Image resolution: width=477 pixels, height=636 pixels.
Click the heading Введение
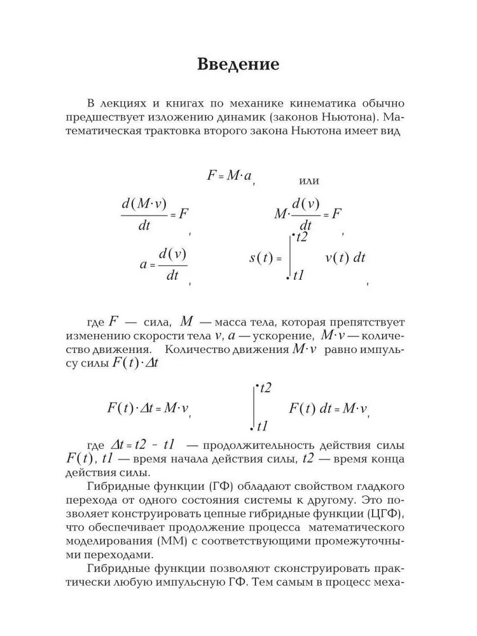[x=238, y=65]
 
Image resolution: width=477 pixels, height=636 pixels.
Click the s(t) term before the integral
[x=262, y=258]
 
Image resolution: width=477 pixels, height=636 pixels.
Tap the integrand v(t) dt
[x=345, y=258]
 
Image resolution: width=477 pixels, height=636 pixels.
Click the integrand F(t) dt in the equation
[x=312, y=408]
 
